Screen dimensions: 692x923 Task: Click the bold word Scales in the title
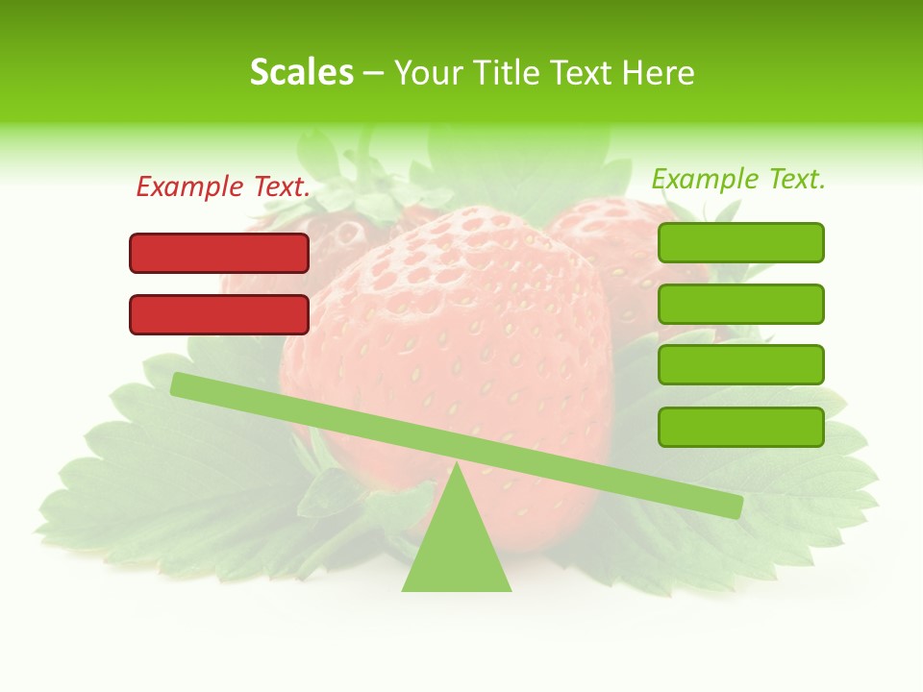click(301, 72)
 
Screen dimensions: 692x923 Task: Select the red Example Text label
click(223, 186)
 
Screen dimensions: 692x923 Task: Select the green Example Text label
click(738, 179)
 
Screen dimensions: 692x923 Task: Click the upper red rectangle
click(219, 253)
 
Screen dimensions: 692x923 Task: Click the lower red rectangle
click(219, 314)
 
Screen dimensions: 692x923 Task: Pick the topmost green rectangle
click(740, 242)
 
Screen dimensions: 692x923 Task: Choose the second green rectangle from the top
click(740, 304)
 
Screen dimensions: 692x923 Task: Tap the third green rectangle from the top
click(740, 364)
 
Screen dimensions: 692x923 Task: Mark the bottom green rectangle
click(740, 427)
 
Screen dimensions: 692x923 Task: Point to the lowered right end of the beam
click(734, 506)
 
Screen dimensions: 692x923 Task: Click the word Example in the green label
click(705, 179)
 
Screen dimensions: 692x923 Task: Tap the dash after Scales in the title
click(373, 74)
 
